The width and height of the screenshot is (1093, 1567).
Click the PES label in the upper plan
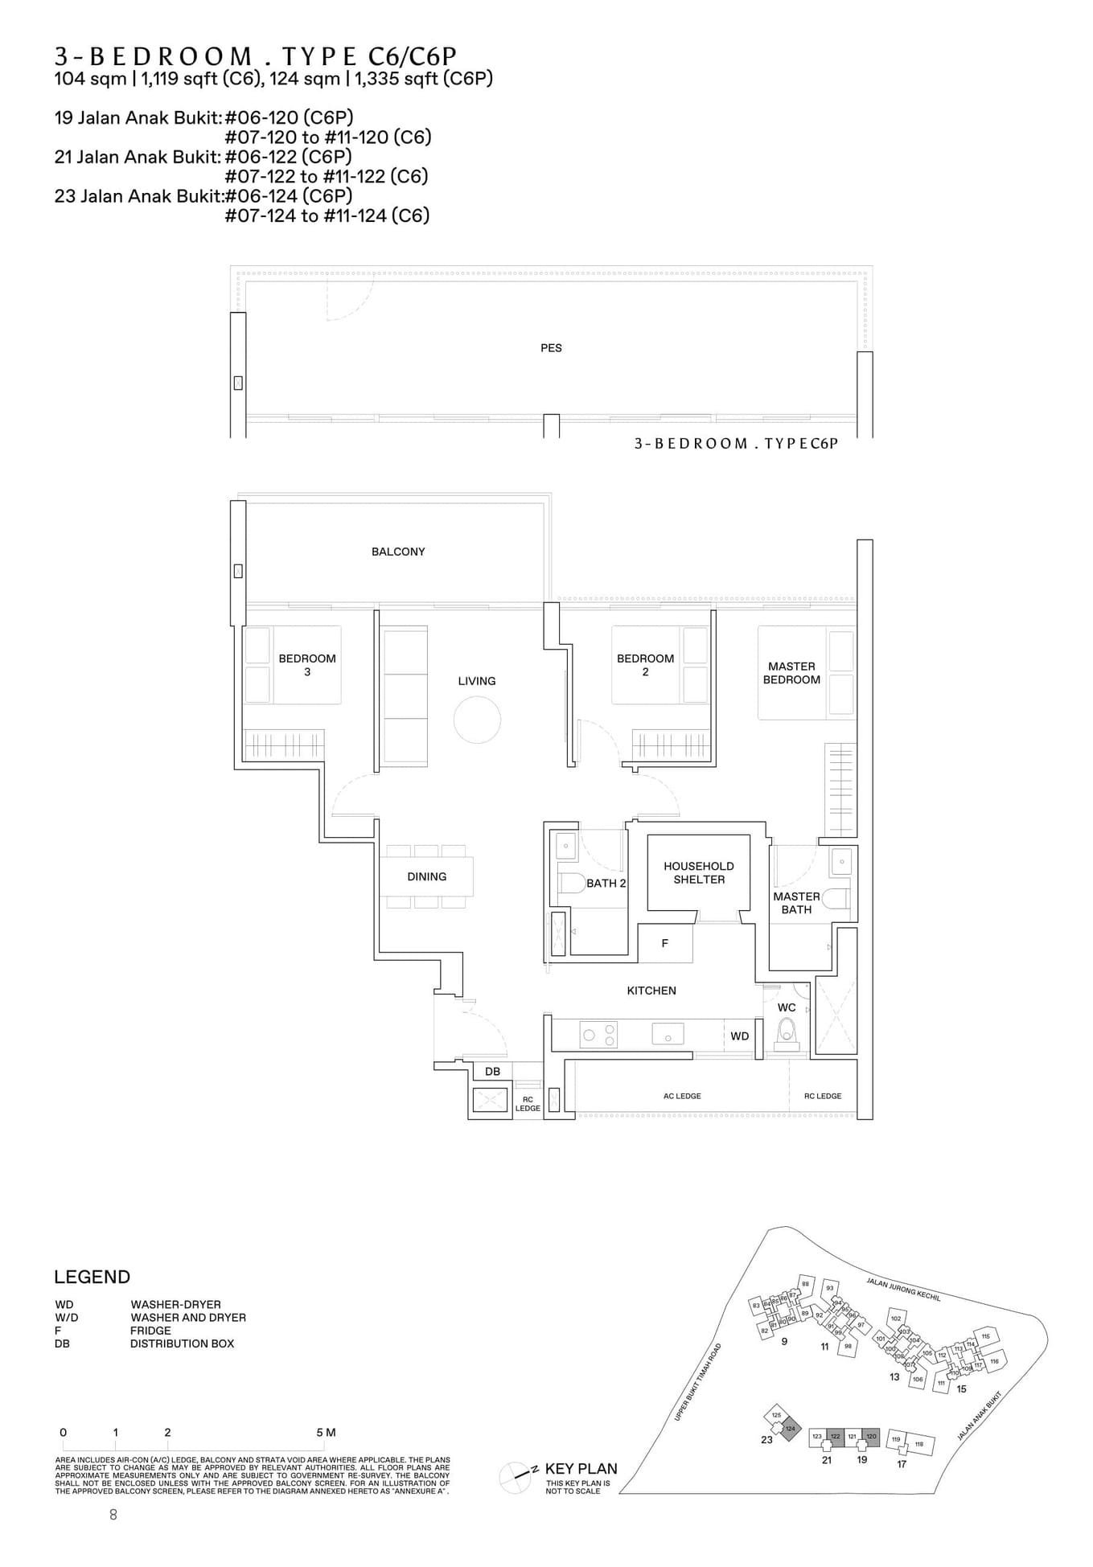point(551,348)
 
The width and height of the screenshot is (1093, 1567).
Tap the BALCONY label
point(398,552)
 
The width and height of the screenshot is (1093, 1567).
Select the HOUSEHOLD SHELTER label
point(699,872)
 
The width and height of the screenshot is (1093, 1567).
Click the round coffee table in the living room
point(477,720)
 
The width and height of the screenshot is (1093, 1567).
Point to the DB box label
point(493,1071)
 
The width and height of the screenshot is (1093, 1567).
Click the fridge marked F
point(665,943)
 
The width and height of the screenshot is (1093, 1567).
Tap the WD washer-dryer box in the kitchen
point(740,1036)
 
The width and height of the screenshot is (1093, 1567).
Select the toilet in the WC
point(787,1032)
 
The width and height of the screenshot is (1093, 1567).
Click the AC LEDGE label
point(682,1096)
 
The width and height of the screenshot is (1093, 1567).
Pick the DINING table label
point(426,876)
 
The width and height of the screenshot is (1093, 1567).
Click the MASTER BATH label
point(796,903)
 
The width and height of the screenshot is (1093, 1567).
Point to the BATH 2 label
point(606,883)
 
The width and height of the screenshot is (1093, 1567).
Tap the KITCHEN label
point(651,991)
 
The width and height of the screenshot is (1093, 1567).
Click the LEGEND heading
point(92,1277)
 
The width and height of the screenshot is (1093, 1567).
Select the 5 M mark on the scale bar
point(325,1432)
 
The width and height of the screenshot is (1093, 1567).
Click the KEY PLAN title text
point(581,1468)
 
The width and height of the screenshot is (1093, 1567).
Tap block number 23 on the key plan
point(766,1439)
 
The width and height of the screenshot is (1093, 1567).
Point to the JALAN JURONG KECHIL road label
point(903,1288)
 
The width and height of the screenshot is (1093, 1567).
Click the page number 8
point(113,1514)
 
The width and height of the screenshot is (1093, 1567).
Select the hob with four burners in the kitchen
point(600,1035)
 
